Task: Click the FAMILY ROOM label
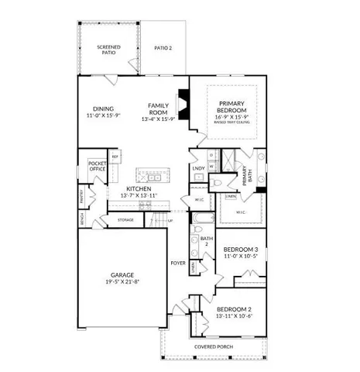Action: (x=157, y=108)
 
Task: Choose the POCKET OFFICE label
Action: (x=98, y=167)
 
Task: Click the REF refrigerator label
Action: (x=115, y=157)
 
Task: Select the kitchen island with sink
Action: (x=148, y=174)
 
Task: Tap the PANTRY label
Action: (x=83, y=199)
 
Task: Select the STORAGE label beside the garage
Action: (x=125, y=221)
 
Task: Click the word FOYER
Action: (x=178, y=262)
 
